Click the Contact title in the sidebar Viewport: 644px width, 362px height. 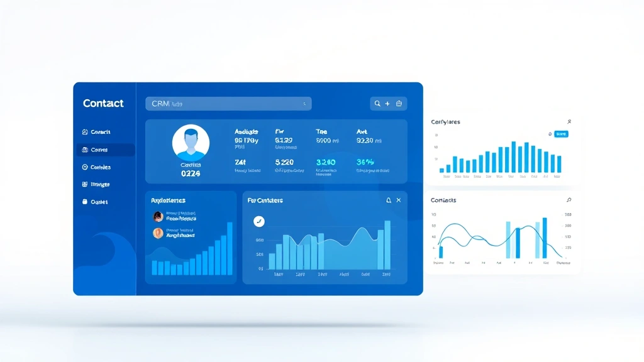pyautogui.click(x=103, y=104)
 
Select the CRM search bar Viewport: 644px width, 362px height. pyautogui.click(x=228, y=104)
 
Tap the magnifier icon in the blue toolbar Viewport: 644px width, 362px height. pyautogui.click(x=377, y=104)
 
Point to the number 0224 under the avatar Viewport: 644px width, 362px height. pyautogui.click(x=190, y=173)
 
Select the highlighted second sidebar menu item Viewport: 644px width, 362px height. pyautogui.click(x=105, y=150)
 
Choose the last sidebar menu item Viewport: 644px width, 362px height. pyautogui.click(x=96, y=202)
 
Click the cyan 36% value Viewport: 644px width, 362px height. pyautogui.click(x=365, y=162)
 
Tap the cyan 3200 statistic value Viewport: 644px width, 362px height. pyautogui.click(x=326, y=162)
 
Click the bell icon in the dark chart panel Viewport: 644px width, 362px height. pyautogui.click(x=388, y=200)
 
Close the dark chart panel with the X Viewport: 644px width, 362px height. pyautogui.click(x=399, y=200)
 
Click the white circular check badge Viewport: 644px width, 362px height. pyautogui.click(x=259, y=221)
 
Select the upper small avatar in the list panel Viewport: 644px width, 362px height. pyautogui.click(x=158, y=216)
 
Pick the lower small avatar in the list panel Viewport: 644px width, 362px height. pyautogui.click(x=158, y=233)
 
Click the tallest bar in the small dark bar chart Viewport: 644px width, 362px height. pyautogui.click(x=230, y=248)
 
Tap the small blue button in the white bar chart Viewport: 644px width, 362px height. pyautogui.click(x=561, y=134)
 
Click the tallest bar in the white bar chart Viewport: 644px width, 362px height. pyautogui.click(x=514, y=157)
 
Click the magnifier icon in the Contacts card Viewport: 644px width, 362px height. pyautogui.click(x=569, y=200)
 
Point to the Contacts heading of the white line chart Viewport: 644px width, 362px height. pyautogui.click(x=443, y=200)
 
